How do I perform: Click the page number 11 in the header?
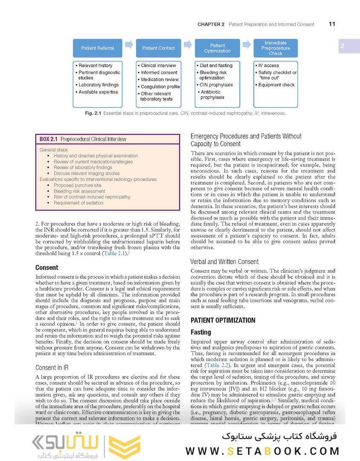[332, 24]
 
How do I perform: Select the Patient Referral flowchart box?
[98, 48]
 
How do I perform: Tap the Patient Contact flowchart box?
[158, 48]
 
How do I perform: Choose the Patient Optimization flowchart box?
[217, 48]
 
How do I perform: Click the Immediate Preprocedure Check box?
[275, 48]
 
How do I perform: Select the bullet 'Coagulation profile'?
[160, 87]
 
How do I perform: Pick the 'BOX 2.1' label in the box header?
[49, 139]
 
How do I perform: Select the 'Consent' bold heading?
[46, 268]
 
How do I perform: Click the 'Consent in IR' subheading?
[52, 368]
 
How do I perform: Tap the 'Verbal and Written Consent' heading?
[224, 262]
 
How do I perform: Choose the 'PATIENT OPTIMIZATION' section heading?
[223, 320]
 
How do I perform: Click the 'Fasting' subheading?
[200, 332]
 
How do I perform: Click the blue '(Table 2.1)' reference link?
[114, 253]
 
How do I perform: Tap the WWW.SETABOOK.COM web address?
[262, 451]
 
